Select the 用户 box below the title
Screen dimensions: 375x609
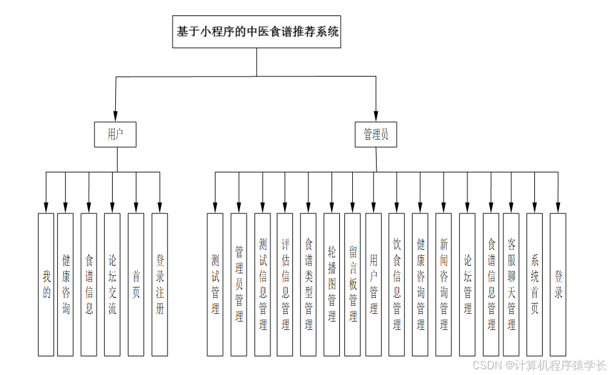coord(115,134)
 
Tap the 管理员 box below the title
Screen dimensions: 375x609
coord(376,134)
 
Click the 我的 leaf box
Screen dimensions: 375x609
coord(46,284)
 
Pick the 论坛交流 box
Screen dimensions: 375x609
coord(112,284)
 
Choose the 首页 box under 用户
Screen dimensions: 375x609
coord(136,284)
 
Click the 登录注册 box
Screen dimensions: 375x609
coord(160,284)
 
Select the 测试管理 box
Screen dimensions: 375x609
coord(215,284)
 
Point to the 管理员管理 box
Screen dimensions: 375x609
coord(239,284)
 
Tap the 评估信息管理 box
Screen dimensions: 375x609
coord(285,284)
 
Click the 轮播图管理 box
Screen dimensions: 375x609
coord(332,284)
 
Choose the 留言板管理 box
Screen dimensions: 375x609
coord(352,284)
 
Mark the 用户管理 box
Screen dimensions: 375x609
coord(373,284)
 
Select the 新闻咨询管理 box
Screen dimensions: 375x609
coord(444,284)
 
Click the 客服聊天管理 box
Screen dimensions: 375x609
coord(511,284)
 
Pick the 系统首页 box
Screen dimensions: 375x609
coord(534,284)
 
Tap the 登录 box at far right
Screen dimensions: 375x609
coord(558,284)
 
